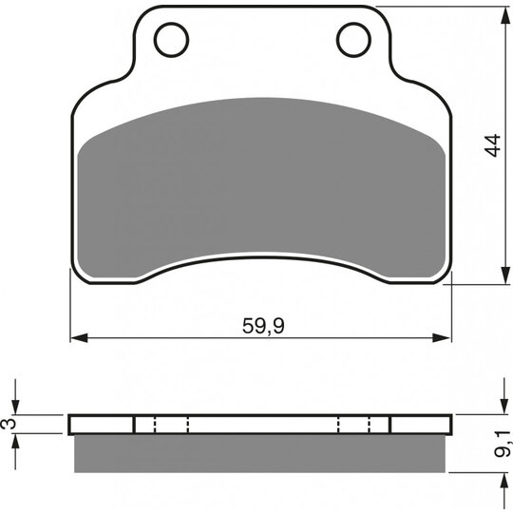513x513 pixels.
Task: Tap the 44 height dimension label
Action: pos(493,145)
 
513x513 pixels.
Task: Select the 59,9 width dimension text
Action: pos(263,326)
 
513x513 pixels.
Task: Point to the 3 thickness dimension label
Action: pos(9,424)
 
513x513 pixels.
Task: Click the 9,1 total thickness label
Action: pos(503,444)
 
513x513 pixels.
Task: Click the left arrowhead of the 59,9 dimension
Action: pos(79,338)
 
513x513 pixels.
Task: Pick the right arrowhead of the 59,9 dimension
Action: pos(442,338)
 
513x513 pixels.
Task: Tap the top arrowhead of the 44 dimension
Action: pos(505,15)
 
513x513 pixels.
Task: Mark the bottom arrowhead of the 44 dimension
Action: pos(505,275)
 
